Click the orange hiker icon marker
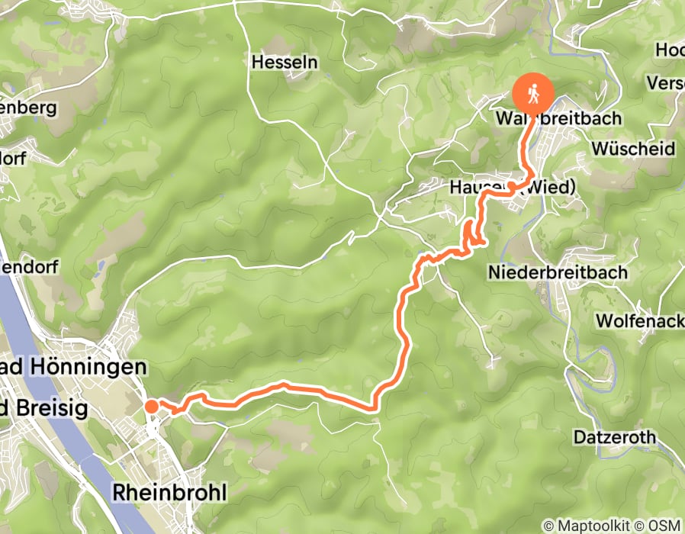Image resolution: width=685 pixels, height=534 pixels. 533,94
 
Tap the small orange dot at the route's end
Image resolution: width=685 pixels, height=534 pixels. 152,406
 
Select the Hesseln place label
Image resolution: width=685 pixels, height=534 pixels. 284,63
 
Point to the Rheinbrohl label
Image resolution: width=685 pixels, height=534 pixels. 169,493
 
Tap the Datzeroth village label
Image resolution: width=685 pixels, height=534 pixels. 614,438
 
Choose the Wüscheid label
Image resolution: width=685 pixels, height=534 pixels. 632,148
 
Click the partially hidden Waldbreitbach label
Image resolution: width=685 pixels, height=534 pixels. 558,120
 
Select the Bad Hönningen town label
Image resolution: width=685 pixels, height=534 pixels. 73,368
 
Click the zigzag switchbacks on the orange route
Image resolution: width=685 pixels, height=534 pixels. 471,234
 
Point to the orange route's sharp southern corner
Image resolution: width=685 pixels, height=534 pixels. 374,408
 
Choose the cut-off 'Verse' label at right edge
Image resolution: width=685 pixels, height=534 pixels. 664,82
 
